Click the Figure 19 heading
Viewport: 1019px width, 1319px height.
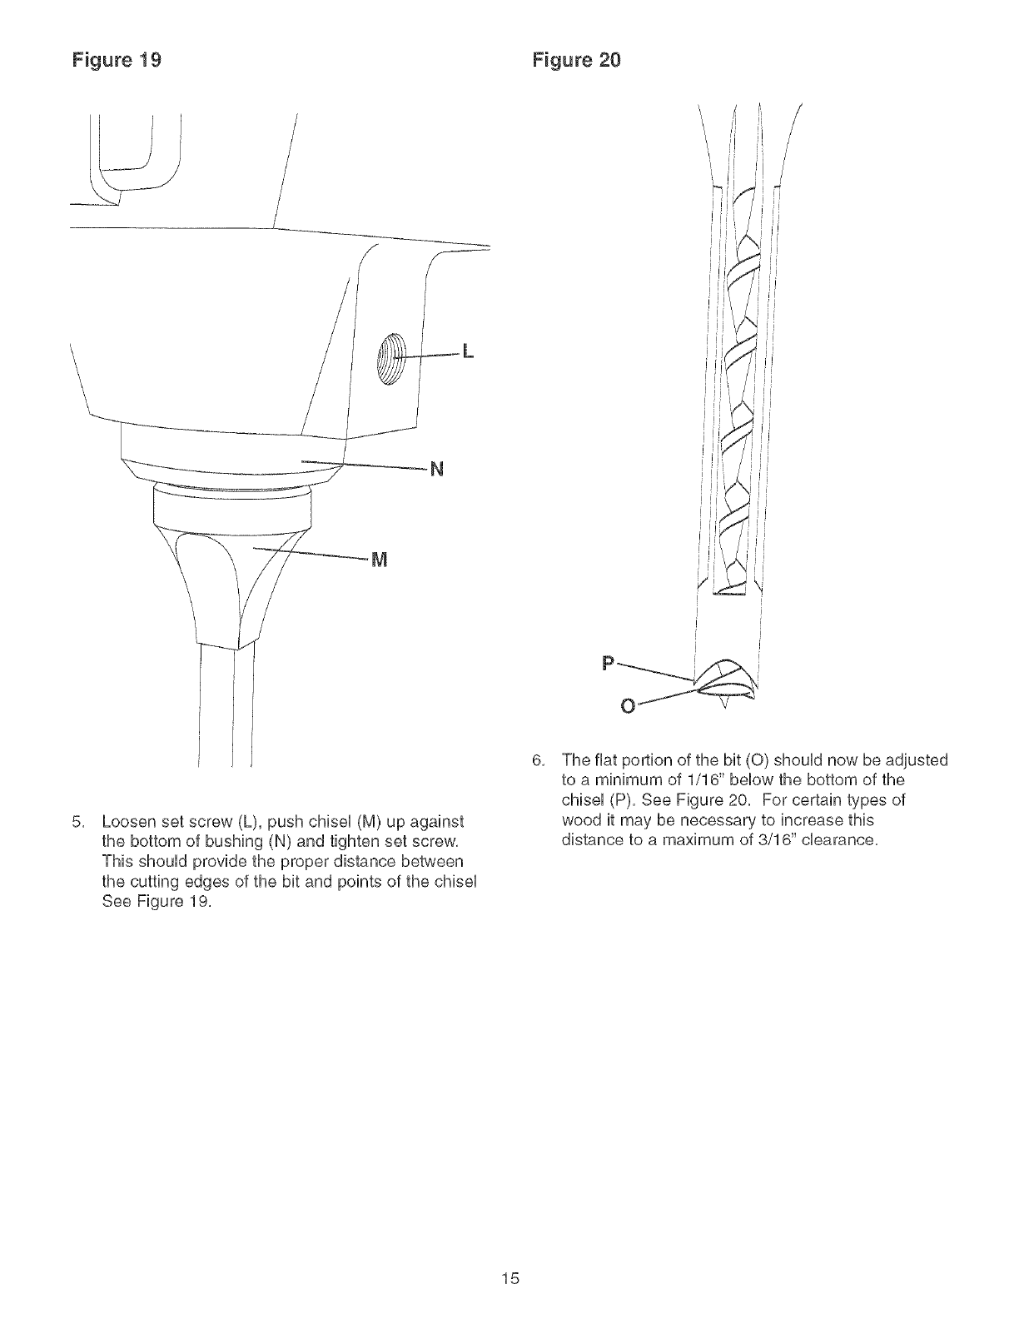point(117,61)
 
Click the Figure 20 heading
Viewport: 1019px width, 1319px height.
point(576,61)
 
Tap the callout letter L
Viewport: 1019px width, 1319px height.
point(467,353)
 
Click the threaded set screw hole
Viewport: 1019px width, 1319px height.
point(390,355)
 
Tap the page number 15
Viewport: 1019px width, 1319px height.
point(510,1278)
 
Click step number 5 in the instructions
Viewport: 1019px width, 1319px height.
point(76,820)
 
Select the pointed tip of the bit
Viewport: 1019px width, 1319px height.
point(723,709)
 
